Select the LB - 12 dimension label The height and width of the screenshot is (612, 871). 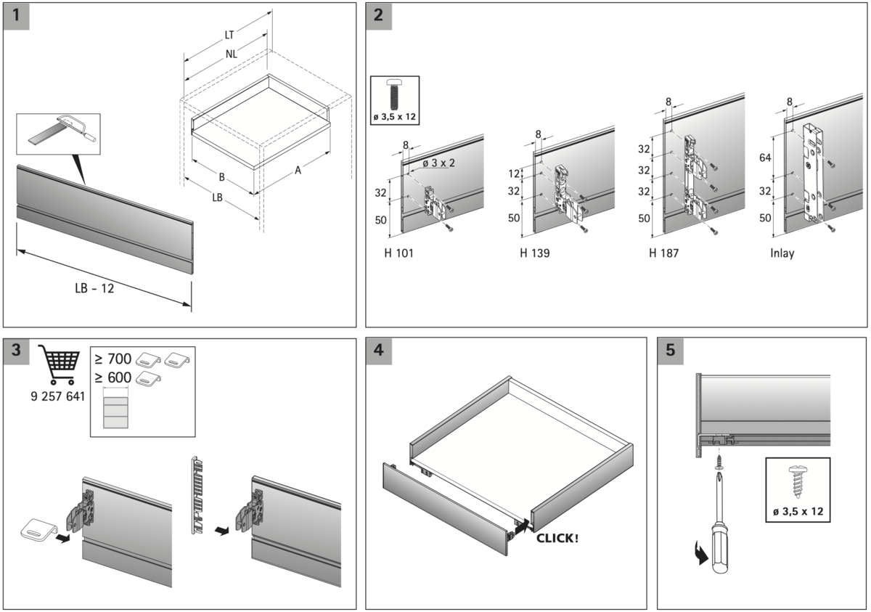94,288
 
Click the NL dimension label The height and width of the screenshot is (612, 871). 231,53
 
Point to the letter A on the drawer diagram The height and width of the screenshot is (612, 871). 298,171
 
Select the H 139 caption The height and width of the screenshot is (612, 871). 534,254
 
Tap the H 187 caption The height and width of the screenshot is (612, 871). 663,254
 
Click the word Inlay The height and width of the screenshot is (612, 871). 782,254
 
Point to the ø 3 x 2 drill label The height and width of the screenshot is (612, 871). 438,163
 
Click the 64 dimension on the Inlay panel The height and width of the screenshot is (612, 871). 765,157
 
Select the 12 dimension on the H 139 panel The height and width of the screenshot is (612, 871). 515,174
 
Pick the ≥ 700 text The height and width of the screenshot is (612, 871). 113,359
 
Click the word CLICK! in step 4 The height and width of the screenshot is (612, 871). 557,539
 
